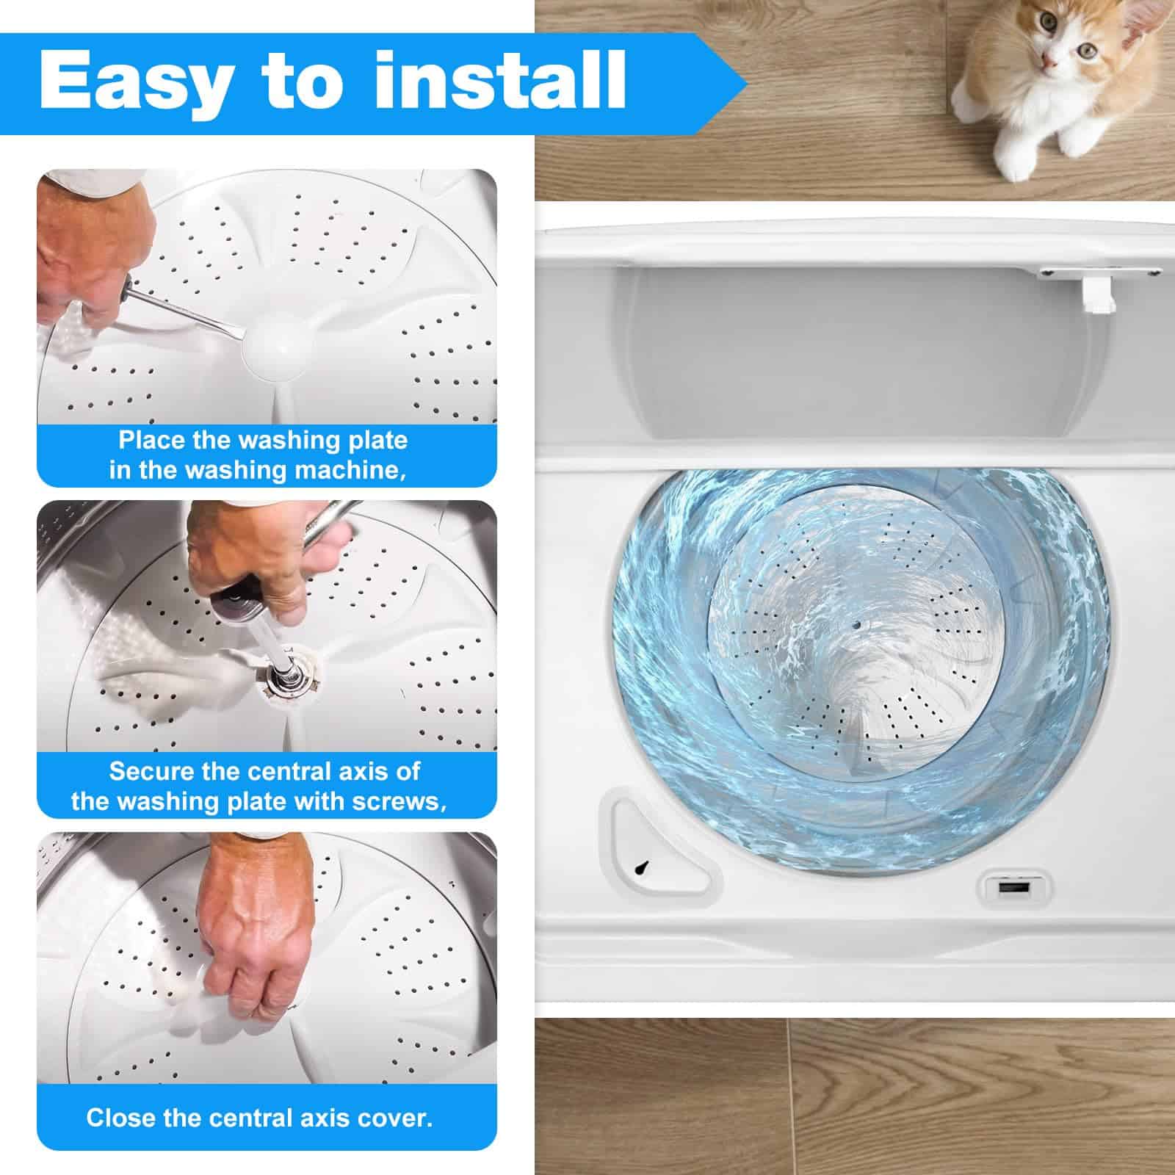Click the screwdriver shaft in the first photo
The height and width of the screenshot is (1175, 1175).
[x=184, y=308]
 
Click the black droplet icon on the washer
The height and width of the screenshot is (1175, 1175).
[x=643, y=867]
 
